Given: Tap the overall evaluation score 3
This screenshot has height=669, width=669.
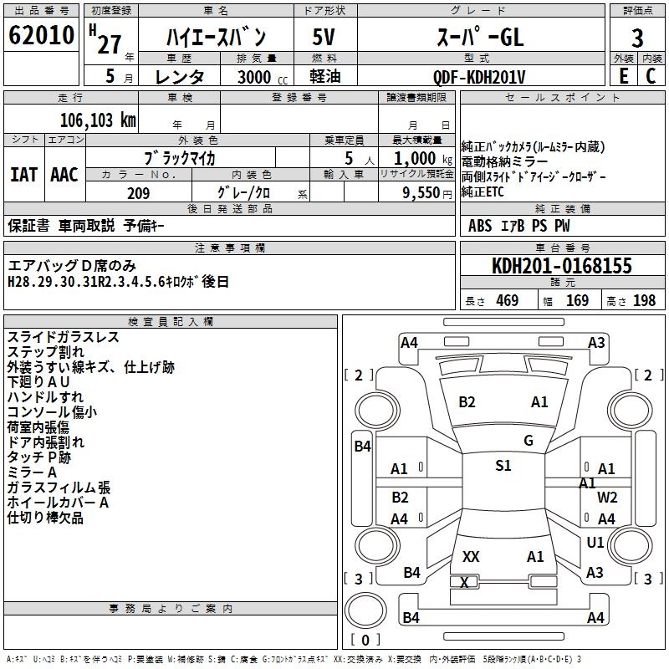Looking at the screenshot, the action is (637, 38).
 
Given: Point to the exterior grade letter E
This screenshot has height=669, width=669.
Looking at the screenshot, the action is (623, 75).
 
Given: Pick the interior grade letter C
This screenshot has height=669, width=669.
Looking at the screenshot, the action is (651, 75).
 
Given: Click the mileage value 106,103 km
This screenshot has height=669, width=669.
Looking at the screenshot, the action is (98, 119).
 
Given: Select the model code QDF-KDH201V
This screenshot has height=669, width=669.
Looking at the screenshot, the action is (479, 76).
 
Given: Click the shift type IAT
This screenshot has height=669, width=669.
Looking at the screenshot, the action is (23, 175).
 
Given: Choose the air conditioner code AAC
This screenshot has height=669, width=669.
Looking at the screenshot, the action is (64, 175).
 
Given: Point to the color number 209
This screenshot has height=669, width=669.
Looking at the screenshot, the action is (139, 193).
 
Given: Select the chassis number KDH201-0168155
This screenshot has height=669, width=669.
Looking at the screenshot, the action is (562, 266).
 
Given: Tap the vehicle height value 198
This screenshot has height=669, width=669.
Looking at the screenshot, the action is (644, 301).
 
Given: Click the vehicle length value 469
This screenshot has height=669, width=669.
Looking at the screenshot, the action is (507, 301).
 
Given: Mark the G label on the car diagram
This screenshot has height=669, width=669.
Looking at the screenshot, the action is (529, 441).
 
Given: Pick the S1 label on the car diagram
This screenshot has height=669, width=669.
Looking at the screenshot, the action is (503, 466).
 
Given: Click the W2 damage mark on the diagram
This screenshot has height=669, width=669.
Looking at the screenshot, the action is (607, 497).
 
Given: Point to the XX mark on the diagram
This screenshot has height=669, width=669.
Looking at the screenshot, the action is (471, 556).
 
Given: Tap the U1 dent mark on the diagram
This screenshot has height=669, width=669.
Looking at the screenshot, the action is (595, 543).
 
